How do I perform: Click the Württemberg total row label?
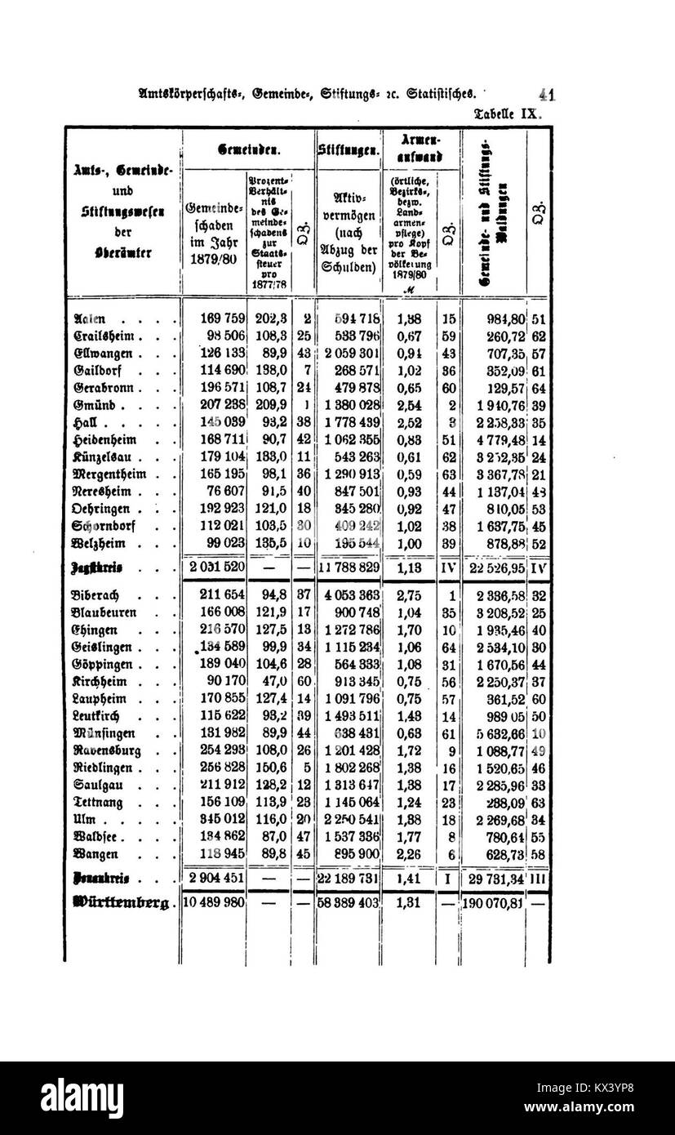[x=121, y=903]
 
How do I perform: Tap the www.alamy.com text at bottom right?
[x=599, y=1121]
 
